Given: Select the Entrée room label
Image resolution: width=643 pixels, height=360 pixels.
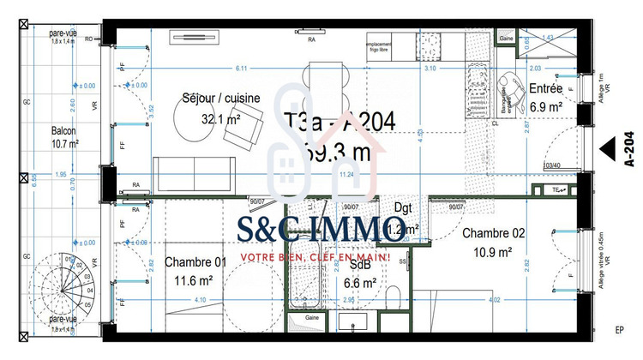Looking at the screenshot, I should pos(545,88).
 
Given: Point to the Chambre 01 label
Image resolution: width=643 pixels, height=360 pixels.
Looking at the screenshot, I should pos(196,262).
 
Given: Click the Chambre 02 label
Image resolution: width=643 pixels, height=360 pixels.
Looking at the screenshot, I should pos(494,233).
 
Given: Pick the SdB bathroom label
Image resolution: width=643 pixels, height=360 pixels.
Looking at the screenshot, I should pos(358,266).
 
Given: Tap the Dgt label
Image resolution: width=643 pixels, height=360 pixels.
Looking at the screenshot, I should pos(404,207).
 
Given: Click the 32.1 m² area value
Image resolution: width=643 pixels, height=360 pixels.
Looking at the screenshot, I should pos(219,119).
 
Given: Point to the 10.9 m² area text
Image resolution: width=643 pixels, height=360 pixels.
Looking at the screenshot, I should pos(494,252).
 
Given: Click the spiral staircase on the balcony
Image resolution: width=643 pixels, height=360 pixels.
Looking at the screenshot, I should pos(62,287).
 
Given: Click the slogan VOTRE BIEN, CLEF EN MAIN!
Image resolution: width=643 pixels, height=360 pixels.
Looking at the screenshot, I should pos(315,256).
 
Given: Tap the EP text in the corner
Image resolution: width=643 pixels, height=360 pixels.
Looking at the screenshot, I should pos(619,329).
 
